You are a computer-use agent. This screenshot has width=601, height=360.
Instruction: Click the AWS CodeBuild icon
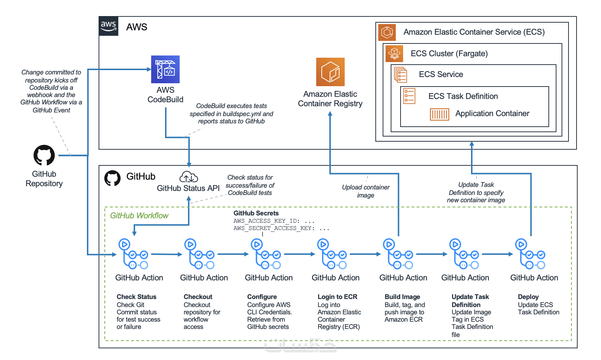(x=165, y=69)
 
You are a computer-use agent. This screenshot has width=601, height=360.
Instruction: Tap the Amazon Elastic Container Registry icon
(x=330, y=72)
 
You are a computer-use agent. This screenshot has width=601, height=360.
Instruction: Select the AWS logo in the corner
(x=108, y=26)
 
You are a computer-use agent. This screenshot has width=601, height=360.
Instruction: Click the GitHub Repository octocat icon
(x=44, y=156)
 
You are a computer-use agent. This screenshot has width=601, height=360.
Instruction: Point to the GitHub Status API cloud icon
(x=188, y=177)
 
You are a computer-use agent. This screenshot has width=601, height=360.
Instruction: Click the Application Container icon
(x=439, y=114)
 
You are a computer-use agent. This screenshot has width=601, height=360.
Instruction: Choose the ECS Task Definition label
(x=463, y=96)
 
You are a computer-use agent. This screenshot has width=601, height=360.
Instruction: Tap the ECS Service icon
(x=401, y=74)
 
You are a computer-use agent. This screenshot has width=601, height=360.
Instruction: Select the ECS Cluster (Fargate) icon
(x=394, y=53)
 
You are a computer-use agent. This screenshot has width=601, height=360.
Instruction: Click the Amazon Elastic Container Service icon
(x=387, y=32)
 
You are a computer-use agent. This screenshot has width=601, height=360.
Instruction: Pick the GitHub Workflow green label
(x=139, y=216)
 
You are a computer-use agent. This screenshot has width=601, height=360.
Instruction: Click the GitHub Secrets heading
(x=256, y=213)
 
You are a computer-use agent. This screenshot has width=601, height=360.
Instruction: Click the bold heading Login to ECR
(x=337, y=297)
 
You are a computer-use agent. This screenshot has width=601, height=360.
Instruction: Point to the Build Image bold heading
(x=402, y=297)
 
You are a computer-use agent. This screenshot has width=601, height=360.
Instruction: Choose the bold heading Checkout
(x=198, y=297)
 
